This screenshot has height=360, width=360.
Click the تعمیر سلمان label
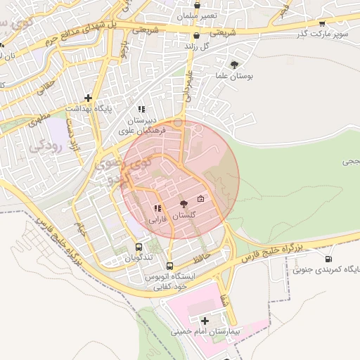[197, 15]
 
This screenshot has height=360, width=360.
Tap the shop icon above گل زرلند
[196, 35]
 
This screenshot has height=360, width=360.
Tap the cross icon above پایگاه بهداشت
[88, 98]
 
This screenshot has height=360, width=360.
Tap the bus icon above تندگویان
[139, 247]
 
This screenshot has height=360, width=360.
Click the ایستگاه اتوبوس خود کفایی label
[169, 282]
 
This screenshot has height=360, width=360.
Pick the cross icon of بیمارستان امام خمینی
[205, 321]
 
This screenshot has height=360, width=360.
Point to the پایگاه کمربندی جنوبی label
[324, 269]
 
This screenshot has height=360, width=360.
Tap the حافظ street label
[203, 249]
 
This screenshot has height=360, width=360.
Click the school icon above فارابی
[157, 207]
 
